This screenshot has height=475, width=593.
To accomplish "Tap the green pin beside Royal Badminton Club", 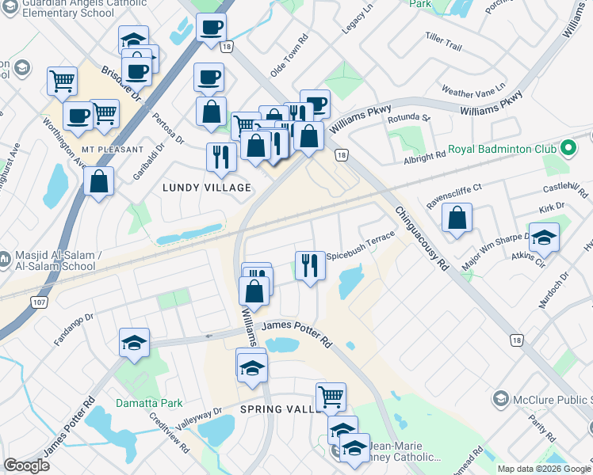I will (568, 148).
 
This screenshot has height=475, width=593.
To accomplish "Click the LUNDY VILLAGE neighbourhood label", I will (207, 188).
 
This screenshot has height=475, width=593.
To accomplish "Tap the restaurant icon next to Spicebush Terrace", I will (310, 265).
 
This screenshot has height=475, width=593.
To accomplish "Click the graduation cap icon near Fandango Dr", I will (134, 343).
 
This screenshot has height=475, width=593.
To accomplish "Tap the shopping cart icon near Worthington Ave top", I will (62, 81).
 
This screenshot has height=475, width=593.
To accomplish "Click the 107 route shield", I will (37, 302).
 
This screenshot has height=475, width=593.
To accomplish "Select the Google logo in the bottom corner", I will (26, 465).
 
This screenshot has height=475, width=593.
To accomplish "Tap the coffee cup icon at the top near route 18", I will (211, 27).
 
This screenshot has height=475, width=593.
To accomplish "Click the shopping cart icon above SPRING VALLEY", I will (331, 395).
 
